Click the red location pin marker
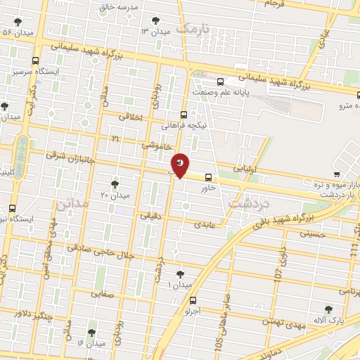181,165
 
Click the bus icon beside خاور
207,177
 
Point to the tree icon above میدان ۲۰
115,184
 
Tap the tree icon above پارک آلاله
328,309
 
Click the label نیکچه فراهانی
184,126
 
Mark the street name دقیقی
151,217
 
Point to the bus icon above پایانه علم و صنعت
221,82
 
